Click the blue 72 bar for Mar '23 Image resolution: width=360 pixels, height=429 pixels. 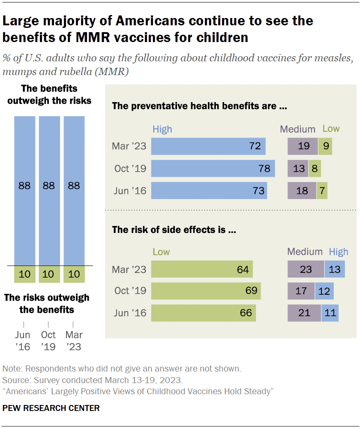(x=208, y=146)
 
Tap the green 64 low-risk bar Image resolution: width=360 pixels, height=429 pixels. (x=202, y=270)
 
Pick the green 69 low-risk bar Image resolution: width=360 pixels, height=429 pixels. (x=206, y=291)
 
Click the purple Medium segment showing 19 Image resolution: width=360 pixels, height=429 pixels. (x=303, y=146)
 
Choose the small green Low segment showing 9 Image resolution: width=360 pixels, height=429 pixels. (x=325, y=146)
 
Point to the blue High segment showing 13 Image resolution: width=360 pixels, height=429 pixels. (x=335, y=270)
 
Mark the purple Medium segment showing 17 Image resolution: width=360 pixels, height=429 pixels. (x=301, y=291)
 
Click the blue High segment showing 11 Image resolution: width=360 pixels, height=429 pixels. (x=330, y=313)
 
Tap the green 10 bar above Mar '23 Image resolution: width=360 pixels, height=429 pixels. (x=74, y=274)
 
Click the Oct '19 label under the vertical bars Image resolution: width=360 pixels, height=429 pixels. (x=48, y=341)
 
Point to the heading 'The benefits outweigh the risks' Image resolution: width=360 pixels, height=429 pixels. (x=49, y=94)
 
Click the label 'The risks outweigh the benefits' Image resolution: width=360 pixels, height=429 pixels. (x=47, y=303)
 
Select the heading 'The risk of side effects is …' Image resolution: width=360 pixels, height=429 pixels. (x=174, y=230)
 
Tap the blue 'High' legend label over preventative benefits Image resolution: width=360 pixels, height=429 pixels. (x=162, y=129)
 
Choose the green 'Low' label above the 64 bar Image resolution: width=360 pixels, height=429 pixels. (x=161, y=252)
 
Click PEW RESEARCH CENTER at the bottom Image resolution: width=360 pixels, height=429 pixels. (x=51, y=408)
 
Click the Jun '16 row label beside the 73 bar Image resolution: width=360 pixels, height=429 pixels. (x=130, y=191)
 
